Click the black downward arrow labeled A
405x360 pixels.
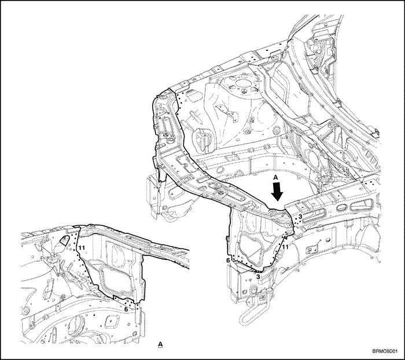pos(278,192)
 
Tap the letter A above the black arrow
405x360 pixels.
pos(275,177)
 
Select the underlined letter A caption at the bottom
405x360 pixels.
pos(160,344)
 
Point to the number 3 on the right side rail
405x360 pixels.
pos(300,216)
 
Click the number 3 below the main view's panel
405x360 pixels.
pos(258,276)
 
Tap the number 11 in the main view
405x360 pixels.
pos(285,247)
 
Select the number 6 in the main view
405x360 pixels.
pos(228,260)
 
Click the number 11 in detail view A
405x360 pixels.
pos(82,248)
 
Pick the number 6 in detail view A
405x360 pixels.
pos(126,309)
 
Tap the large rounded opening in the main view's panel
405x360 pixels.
pos(250,246)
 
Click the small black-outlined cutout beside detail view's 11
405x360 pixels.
pos(64,241)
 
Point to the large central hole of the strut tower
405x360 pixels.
pos(243,83)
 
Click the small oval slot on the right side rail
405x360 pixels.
pos(341,207)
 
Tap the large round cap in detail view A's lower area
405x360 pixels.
pos(76,326)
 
